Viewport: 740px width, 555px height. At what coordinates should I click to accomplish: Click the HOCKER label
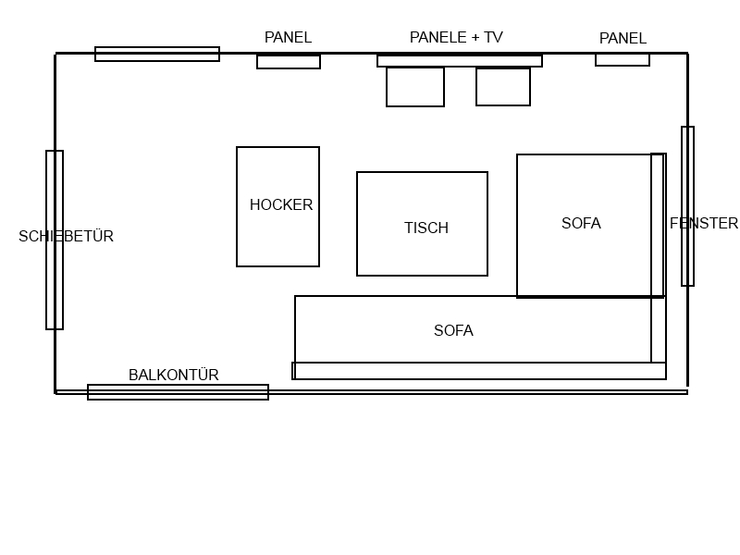pos(281,205)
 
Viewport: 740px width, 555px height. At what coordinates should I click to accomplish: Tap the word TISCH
pos(426,228)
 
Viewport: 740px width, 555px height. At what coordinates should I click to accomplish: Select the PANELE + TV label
pos(456,38)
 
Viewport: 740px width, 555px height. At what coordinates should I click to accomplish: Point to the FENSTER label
pos(704,224)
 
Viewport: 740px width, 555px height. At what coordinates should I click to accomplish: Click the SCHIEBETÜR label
pos(66,237)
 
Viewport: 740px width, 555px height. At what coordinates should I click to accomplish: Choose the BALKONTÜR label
pos(174,376)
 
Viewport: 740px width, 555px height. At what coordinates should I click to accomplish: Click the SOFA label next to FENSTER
pos(581,224)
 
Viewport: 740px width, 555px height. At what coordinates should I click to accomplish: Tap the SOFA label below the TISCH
pos(453,331)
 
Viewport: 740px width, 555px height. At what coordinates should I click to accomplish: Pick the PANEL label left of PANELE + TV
pos(288,38)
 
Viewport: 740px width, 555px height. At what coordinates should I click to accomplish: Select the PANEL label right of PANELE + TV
pos(623,39)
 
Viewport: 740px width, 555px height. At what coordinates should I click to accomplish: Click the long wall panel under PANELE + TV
pos(460,61)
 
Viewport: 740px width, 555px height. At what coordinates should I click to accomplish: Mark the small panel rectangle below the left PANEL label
pos(289,62)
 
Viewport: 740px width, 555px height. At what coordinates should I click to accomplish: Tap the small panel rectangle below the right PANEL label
pos(623,60)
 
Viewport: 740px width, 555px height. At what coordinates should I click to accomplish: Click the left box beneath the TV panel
pos(415,87)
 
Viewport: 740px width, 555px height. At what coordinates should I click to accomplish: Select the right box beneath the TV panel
pos(503,87)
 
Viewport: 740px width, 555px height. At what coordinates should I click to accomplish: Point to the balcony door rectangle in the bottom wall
pos(178,392)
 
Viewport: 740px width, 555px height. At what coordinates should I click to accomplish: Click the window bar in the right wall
pos(687,206)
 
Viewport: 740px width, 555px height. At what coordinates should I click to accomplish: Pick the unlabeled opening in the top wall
pos(157,55)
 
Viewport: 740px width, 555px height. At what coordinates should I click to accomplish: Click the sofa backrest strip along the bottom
pos(479,371)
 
